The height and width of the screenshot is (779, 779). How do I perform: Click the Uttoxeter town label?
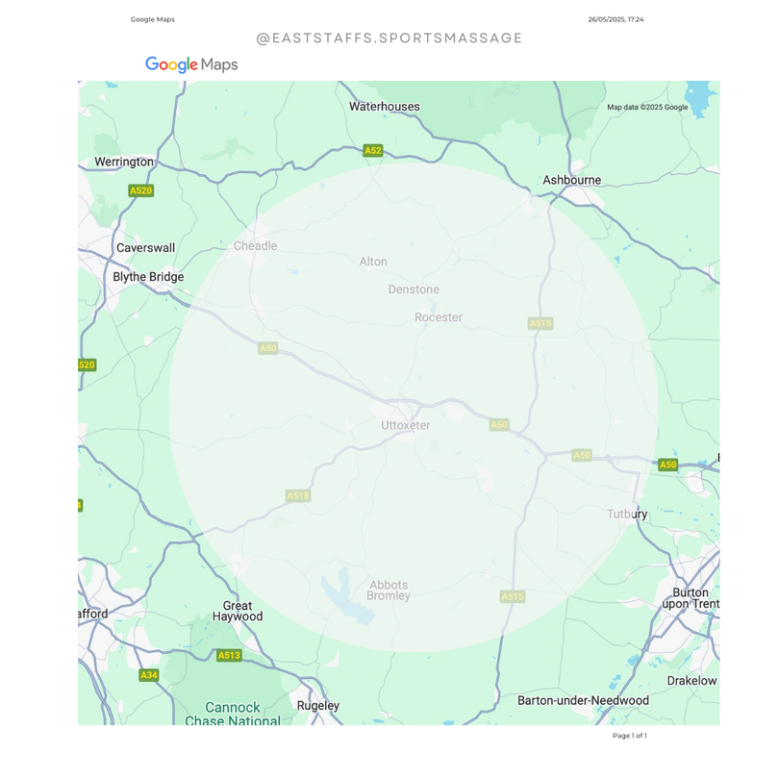[405, 425]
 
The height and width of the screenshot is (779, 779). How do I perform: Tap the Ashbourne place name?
[571, 180]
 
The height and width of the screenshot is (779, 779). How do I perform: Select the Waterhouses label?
[384, 107]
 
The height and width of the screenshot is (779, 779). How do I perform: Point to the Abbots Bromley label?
[389, 590]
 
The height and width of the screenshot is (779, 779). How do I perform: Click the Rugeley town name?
[317, 706]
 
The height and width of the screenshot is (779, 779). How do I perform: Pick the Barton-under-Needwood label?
[583, 701]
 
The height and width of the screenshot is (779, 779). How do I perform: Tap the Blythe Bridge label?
[148, 277]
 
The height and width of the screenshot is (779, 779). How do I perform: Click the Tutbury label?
[627, 515]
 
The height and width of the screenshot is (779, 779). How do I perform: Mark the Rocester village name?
[439, 317]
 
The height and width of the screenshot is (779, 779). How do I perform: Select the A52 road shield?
[373, 151]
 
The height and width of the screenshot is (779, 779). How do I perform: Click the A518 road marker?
[298, 495]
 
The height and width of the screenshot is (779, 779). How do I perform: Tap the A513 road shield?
[229, 656]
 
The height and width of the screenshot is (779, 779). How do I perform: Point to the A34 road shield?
[148, 675]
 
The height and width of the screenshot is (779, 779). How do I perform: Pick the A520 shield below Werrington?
[140, 190]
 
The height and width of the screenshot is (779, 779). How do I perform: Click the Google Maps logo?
[191, 64]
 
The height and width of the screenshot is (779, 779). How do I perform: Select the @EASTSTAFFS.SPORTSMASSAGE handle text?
[389, 38]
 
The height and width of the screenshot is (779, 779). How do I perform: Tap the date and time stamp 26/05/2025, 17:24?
[616, 19]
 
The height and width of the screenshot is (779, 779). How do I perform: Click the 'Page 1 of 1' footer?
[629, 736]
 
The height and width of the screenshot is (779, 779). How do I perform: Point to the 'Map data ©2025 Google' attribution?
[647, 108]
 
